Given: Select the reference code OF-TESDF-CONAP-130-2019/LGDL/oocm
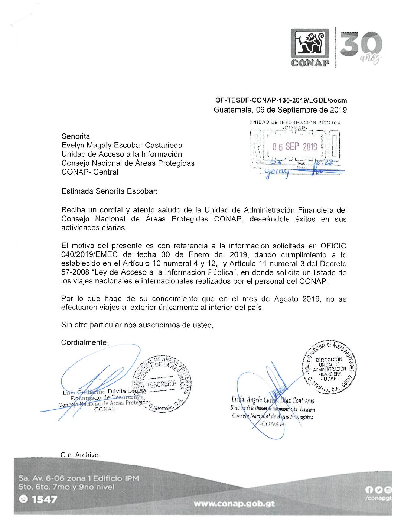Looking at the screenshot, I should [x=281, y=100].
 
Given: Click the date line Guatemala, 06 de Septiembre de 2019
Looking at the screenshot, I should [x=280, y=110].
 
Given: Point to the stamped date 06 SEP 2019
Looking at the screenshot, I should [x=294, y=147].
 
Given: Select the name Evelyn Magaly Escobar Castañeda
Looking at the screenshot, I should [x=122, y=145].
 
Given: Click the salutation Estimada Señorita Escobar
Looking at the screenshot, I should [x=110, y=191].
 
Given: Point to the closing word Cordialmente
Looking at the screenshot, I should [x=85, y=342].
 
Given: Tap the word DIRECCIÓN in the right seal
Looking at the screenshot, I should [x=329, y=360].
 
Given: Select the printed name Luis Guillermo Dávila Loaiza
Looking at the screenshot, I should [x=104, y=392].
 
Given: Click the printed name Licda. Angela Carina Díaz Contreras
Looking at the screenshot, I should [x=273, y=400].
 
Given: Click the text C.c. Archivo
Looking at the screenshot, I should [x=80, y=455].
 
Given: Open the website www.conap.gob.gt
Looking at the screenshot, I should [x=234, y=504].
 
